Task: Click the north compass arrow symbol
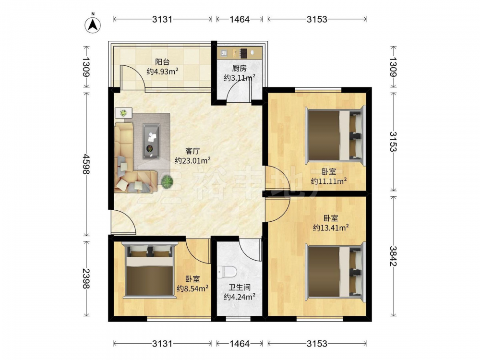pyautogui.click(x=93, y=24)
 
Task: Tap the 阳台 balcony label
pyautogui.click(x=162, y=62)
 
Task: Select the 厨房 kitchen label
pyautogui.click(x=239, y=68)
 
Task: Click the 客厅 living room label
pyautogui.click(x=192, y=151)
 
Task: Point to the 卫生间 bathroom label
pyautogui.click(x=240, y=288)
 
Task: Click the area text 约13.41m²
pyautogui.click(x=331, y=228)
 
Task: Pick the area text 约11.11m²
pyautogui.click(x=329, y=181)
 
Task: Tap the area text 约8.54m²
pyautogui.click(x=193, y=288)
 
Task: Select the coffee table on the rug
pyautogui.click(x=151, y=141)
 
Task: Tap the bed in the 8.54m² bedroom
pyautogui.click(x=150, y=270)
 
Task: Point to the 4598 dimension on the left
pyautogui.click(x=86, y=164)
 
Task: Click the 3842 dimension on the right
pyautogui.click(x=393, y=256)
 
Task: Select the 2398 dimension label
pyautogui.click(x=86, y=278)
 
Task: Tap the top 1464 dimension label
pyautogui.click(x=240, y=19)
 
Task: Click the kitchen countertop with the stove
pyautogui.click(x=240, y=53)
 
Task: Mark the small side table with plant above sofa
pyautogui.click(x=124, y=113)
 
